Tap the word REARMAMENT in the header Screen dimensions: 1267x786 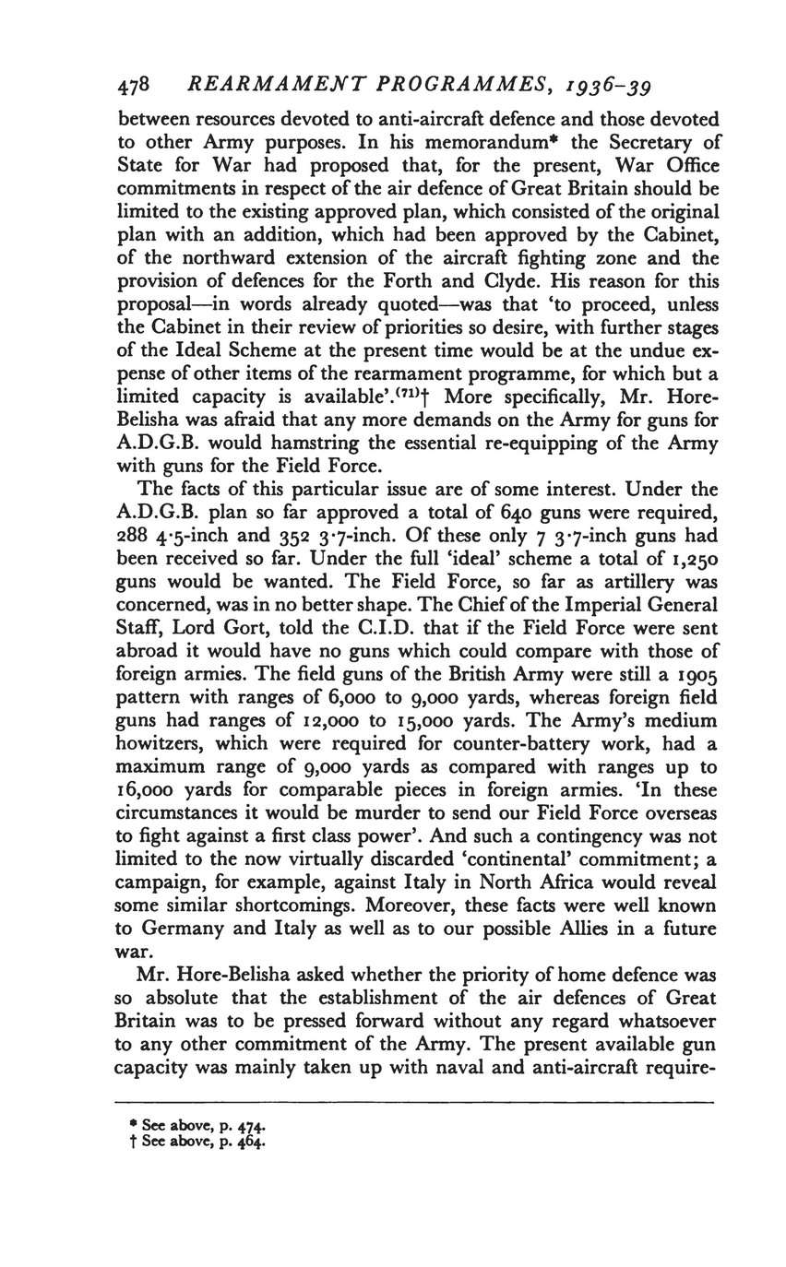(x=261, y=86)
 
